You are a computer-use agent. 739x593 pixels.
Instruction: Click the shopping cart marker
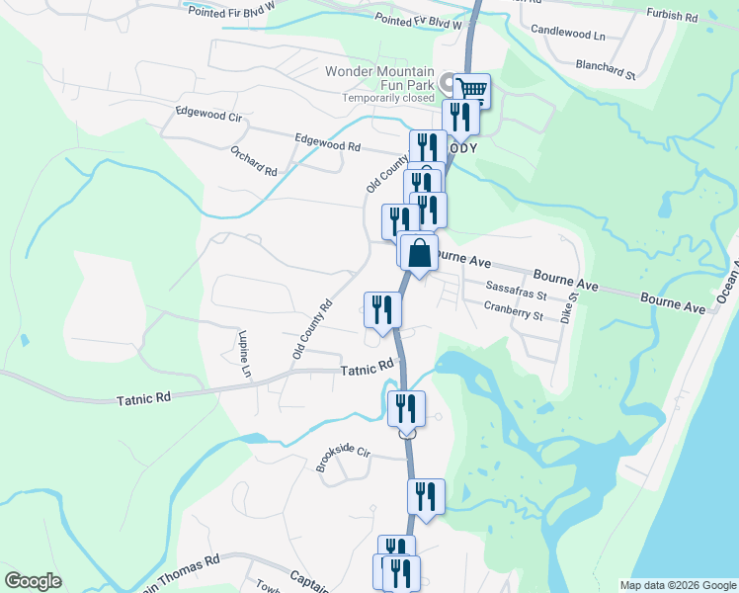point(472,91)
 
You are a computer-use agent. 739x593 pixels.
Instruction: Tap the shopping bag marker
point(420,253)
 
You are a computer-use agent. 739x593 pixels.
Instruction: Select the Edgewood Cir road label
point(208,115)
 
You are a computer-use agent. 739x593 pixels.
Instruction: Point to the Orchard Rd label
point(254,161)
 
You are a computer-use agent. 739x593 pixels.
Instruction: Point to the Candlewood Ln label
point(568,33)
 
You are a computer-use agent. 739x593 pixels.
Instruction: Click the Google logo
point(33,581)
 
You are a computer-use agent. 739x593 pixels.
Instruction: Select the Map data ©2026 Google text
point(678,585)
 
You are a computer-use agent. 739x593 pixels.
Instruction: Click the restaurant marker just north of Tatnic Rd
point(380,310)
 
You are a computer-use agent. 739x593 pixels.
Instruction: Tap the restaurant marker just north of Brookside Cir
point(406,409)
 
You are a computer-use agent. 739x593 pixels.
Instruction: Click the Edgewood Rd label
point(327,145)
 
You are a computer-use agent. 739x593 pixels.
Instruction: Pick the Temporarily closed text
point(388,98)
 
